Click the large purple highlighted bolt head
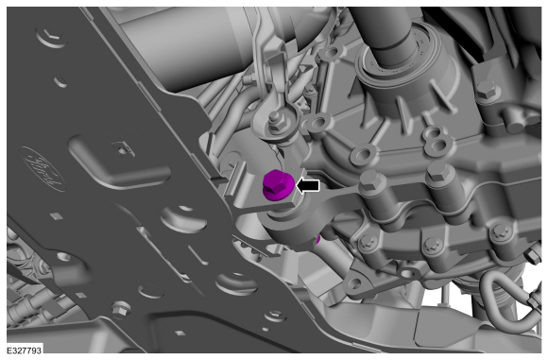(x=278, y=184)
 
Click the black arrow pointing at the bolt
(x=308, y=186)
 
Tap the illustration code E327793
(x=25, y=350)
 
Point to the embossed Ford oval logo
(x=43, y=169)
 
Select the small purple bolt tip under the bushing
(x=317, y=240)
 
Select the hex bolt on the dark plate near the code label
(x=121, y=309)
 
